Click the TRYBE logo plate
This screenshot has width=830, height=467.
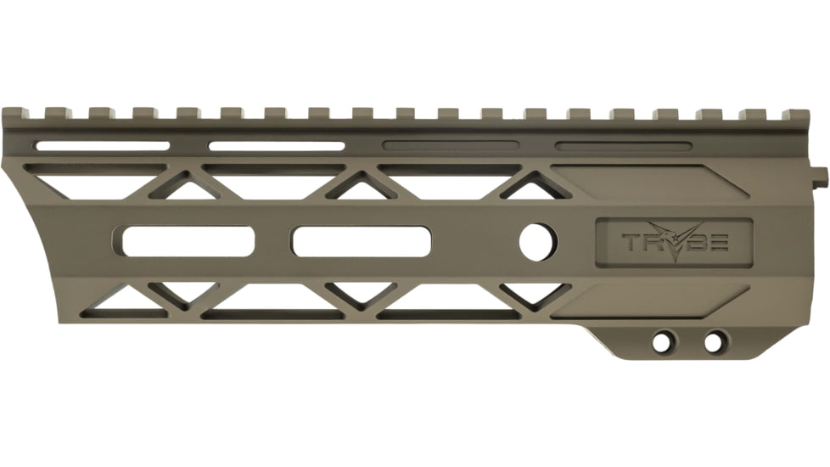[x=674, y=243]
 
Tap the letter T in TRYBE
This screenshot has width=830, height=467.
[x=633, y=244]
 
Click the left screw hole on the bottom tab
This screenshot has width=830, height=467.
[x=660, y=342]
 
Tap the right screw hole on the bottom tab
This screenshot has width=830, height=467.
[x=715, y=342]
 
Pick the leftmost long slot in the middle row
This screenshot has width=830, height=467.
[x=188, y=241]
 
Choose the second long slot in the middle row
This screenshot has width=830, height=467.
[x=361, y=242]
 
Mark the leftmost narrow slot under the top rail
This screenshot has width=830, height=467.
[x=102, y=146]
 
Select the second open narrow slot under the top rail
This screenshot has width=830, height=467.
[x=277, y=146]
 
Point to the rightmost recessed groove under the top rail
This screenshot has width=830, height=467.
[x=623, y=146]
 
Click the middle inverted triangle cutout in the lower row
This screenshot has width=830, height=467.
[x=360, y=295]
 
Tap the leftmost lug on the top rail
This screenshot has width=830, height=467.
[x=12, y=112]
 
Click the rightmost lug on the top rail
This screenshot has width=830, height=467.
[x=796, y=114]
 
